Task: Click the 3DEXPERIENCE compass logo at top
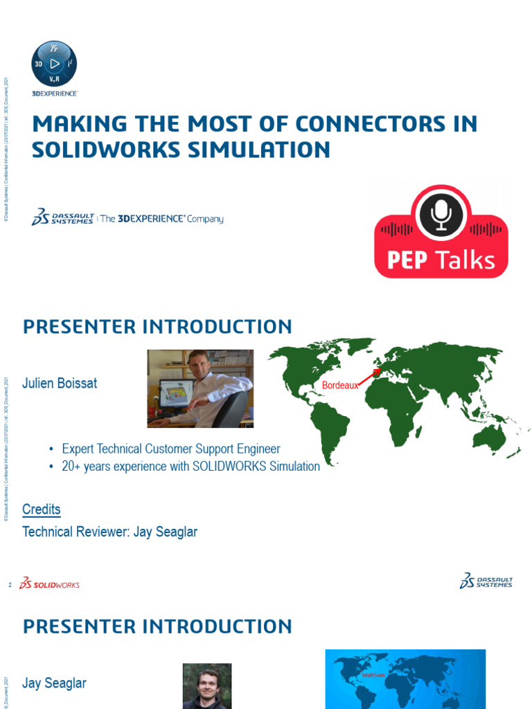click(54, 63)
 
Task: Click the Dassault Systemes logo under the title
click(62, 217)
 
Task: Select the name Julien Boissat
click(60, 383)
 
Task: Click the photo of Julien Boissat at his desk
click(200, 388)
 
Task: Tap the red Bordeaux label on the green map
click(341, 385)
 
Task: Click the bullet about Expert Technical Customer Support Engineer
click(171, 449)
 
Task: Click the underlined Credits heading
click(42, 510)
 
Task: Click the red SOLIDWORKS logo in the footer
click(49, 584)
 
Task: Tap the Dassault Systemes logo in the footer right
click(486, 581)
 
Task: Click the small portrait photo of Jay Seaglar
click(207, 685)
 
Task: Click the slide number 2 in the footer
click(10, 585)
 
